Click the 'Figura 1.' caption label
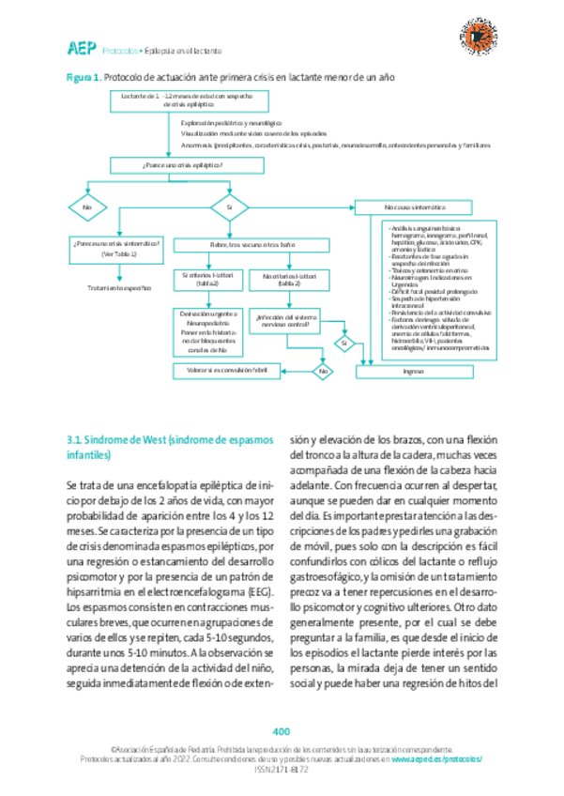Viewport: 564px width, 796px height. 83,79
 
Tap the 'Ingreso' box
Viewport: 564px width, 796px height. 414,371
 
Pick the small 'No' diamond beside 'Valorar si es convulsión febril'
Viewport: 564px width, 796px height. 325,373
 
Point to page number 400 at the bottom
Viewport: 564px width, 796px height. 282,731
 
